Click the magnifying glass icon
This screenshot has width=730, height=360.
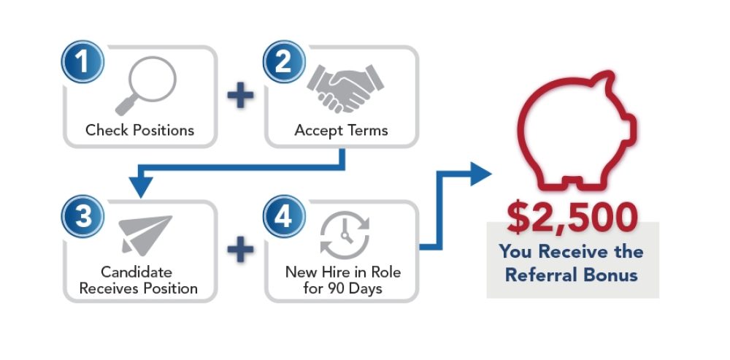[147, 85]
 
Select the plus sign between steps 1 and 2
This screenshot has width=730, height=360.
[240, 94]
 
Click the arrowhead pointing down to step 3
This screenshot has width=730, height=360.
[139, 187]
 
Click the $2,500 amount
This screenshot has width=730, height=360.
[573, 218]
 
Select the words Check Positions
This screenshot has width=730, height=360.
[139, 131]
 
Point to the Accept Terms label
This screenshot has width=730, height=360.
[341, 131]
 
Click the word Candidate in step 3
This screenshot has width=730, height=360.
[138, 272]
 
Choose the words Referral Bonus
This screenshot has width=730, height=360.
[572, 275]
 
